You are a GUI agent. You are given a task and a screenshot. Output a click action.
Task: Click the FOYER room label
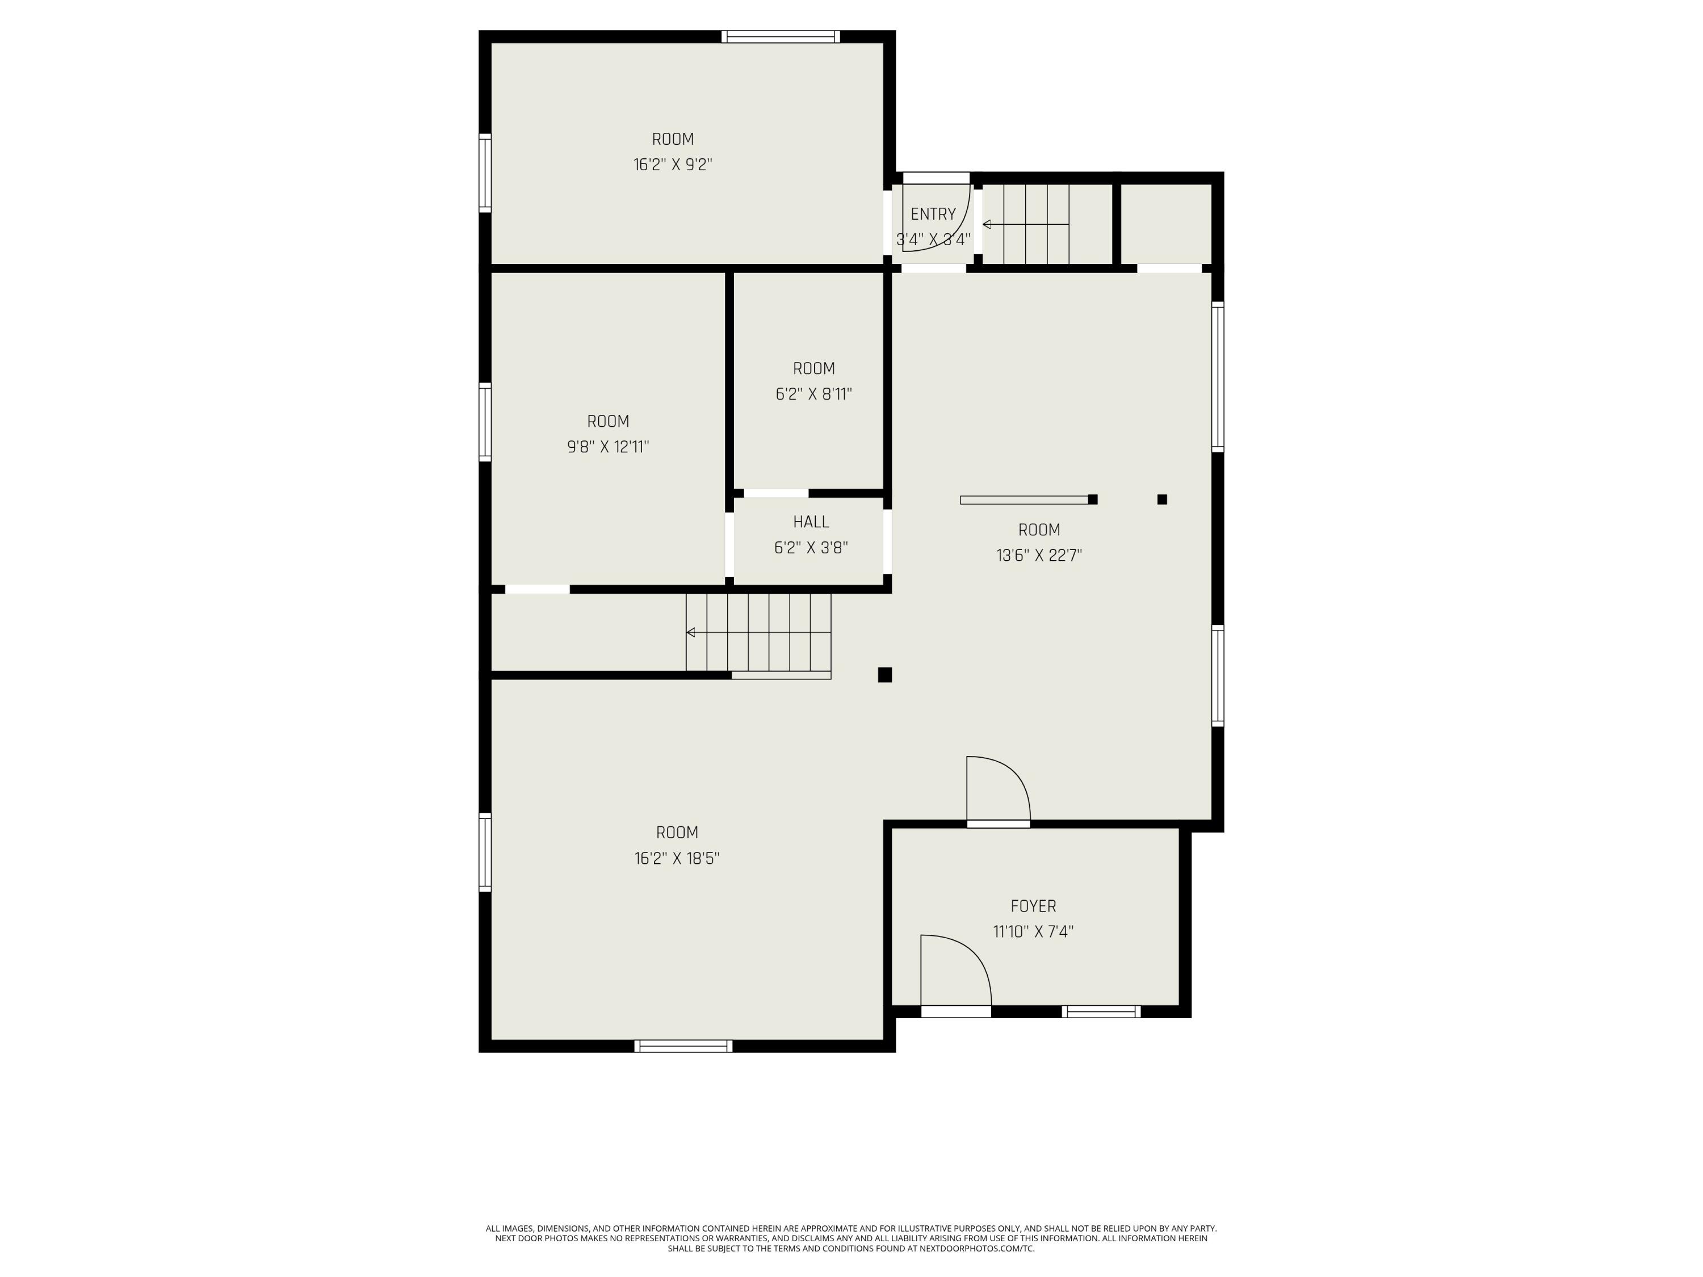pyautogui.click(x=1033, y=906)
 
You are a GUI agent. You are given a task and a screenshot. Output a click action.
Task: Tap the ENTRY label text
pyautogui.click(x=933, y=214)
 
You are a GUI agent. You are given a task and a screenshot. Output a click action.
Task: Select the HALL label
pyautogui.click(x=811, y=522)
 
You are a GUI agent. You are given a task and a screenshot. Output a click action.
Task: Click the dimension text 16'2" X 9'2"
pyautogui.click(x=673, y=165)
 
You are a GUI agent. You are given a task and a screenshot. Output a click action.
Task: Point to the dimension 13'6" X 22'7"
pyautogui.click(x=1039, y=555)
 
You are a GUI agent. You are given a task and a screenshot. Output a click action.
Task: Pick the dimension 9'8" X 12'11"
pyautogui.click(x=608, y=447)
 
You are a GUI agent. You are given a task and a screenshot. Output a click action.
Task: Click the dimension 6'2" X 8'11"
pyautogui.click(x=814, y=394)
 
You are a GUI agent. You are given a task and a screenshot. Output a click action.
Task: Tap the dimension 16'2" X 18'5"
pyautogui.click(x=677, y=858)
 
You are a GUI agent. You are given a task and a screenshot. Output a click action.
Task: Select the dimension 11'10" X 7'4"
pyautogui.click(x=1033, y=931)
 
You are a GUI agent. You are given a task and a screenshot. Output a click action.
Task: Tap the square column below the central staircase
pyautogui.click(x=884, y=675)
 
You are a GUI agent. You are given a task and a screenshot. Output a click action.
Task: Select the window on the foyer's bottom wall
pyautogui.click(x=1101, y=1011)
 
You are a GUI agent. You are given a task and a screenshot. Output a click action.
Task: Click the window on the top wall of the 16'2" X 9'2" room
pyautogui.click(x=781, y=36)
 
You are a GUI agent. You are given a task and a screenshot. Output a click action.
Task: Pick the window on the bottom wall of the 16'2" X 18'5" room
pyautogui.click(x=683, y=1045)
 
